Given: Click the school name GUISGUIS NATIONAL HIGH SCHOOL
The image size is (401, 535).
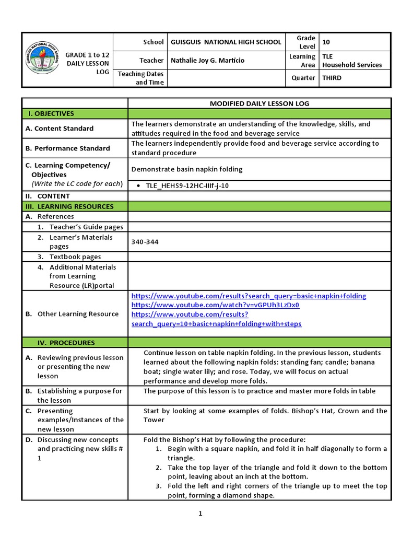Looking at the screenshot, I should [x=226, y=42].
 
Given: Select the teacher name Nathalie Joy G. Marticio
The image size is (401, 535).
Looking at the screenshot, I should [x=207, y=60].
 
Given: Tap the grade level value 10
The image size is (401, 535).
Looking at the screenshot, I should [x=326, y=42].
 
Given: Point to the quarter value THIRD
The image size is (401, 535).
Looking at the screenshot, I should [x=332, y=78].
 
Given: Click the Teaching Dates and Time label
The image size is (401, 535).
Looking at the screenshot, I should [x=140, y=78].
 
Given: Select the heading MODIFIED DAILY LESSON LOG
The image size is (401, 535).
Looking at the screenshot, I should [x=259, y=103].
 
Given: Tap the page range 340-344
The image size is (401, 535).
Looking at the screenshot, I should [x=145, y=242].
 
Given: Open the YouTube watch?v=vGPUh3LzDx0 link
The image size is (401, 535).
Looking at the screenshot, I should [x=215, y=305].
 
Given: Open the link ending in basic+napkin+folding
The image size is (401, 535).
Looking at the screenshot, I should [x=249, y=296].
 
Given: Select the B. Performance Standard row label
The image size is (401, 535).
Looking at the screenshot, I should [x=68, y=148].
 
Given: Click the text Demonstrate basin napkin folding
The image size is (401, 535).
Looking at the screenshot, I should [x=187, y=169].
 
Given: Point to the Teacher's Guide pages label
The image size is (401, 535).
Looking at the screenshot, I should [x=86, y=227].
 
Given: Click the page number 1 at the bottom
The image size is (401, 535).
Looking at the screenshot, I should [x=200, y=514].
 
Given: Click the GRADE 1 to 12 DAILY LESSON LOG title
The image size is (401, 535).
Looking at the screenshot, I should [x=88, y=63].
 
